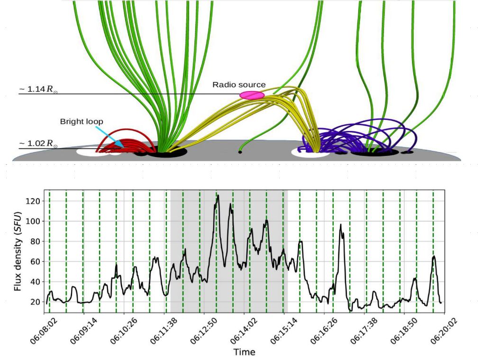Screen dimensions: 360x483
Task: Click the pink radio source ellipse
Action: click(252, 95)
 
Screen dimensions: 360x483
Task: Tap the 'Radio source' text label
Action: click(239, 85)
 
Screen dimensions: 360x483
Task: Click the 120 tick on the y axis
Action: click(35, 201)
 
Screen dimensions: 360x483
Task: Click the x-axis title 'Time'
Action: click(244, 352)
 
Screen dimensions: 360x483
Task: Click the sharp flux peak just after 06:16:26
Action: click(340, 225)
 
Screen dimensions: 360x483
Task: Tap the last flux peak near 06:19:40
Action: click(434, 257)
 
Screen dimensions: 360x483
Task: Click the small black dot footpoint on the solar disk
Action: click(240, 152)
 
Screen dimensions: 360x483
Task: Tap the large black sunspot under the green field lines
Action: click(167, 152)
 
